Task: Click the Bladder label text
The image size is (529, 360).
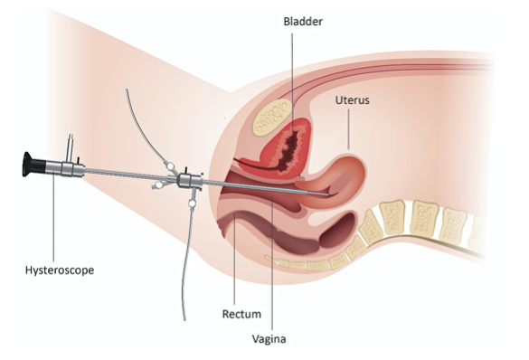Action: click(x=303, y=22)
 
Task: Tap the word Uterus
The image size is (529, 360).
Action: click(x=353, y=100)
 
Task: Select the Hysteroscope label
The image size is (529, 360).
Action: click(x=60, y=270)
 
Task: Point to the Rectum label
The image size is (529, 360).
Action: click(x=241, y=314)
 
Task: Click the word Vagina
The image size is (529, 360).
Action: click(x=269, y=339)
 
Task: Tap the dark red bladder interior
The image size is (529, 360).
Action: click(x=289, y=147)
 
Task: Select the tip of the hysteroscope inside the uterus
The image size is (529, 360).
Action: click(x=328, y=194)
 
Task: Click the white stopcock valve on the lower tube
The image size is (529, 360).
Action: click(x=192, y=204)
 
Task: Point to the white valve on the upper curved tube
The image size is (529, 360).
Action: click(x=170, y=166)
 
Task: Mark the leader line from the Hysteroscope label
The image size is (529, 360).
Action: click(x=53, y=218)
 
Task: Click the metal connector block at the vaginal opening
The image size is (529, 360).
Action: click(x=191, y=181)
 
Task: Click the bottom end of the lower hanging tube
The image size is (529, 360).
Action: click(x=184, y=319)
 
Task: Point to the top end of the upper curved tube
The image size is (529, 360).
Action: click(x=127, y=90)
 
